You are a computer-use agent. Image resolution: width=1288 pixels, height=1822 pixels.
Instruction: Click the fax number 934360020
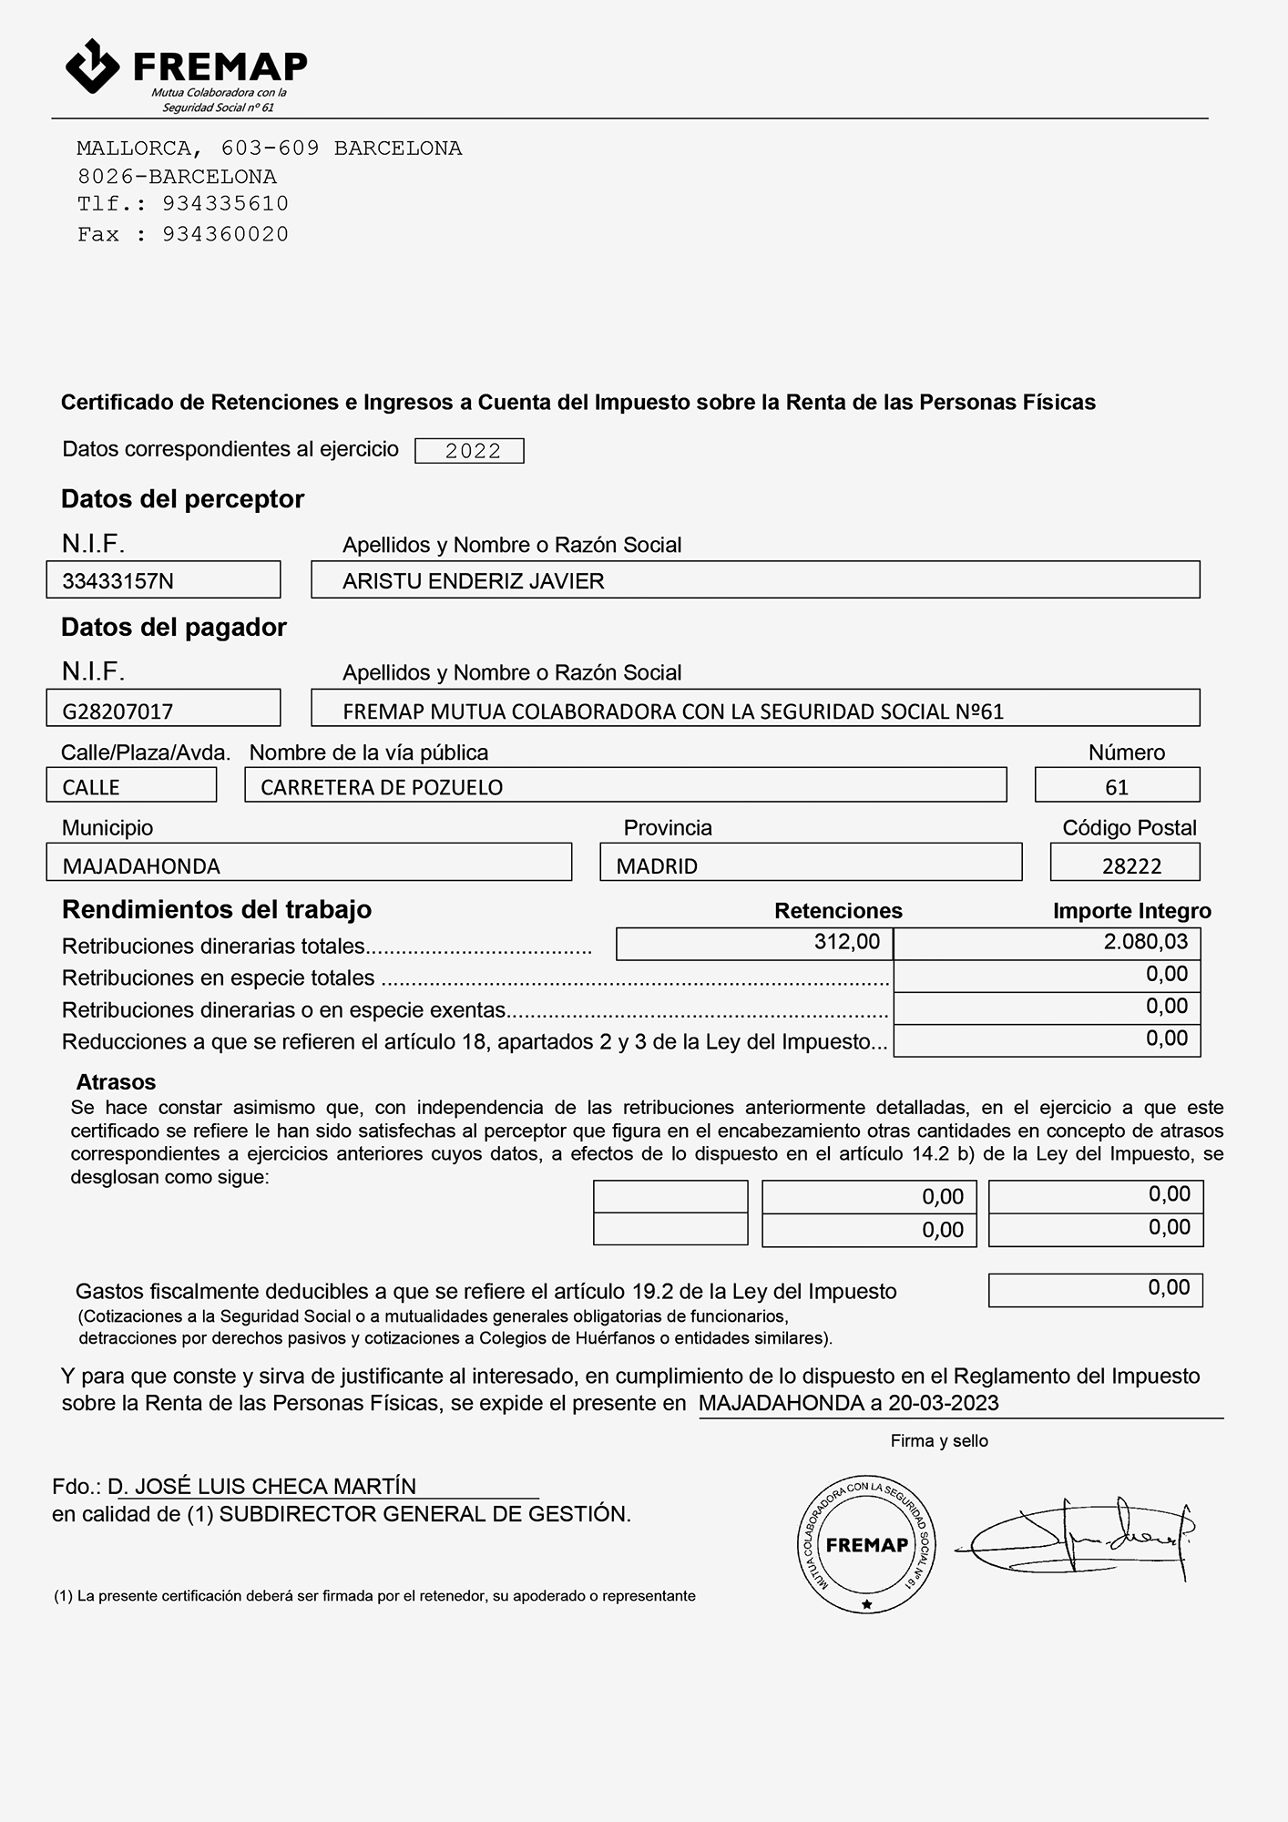click(x=225, y=234)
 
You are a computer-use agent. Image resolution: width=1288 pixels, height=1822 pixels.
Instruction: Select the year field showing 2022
click(x=469, y=451)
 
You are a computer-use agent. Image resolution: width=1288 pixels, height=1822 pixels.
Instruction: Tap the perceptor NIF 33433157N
click(x=118, y=581)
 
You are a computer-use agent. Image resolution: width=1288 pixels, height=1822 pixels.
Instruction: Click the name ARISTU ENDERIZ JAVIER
click(x=473, y=581)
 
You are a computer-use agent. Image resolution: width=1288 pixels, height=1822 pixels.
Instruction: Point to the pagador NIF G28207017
click(x=118, y=711)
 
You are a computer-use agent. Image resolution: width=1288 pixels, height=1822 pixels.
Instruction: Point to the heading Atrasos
click(x=116, y=1081)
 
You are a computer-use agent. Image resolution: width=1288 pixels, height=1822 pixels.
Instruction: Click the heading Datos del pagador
click(x=173, y=628)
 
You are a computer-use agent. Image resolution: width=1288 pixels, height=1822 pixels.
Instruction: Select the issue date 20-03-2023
click(x=943, y=1403)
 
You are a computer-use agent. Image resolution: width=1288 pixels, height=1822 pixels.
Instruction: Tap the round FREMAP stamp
click(x=866, y=1544)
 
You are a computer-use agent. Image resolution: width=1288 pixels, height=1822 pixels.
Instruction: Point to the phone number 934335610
click(x=225, y=204)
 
